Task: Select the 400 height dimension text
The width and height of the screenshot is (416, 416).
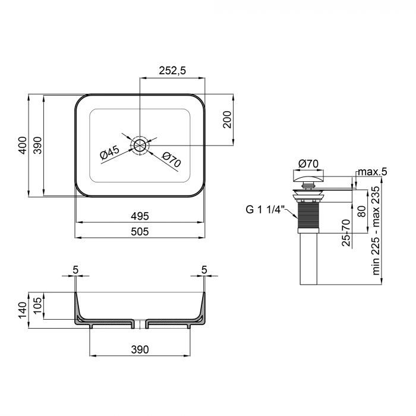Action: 22,146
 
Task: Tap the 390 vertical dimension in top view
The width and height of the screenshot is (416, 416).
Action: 36,146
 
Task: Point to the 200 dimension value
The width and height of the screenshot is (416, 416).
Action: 226,120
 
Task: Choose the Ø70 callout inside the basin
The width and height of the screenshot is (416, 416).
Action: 171,159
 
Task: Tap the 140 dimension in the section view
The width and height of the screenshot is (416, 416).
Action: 22,308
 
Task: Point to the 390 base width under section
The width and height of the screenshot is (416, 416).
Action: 140,349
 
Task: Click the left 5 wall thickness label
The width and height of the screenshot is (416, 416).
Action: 75,270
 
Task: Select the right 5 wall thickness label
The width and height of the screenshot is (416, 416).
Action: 204,270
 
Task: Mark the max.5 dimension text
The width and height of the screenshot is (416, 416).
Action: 371,172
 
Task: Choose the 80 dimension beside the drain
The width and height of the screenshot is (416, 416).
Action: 361,211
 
